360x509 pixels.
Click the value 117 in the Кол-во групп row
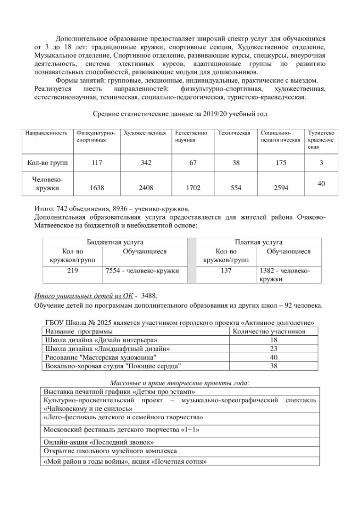tap(97, 163)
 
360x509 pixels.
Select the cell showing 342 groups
tap(146, 163)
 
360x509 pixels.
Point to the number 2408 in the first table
tap(146, 188)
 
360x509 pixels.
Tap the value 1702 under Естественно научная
tap(193, 188)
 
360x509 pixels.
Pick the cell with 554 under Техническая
tap(236, 188)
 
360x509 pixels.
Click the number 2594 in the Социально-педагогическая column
tap(281, 188)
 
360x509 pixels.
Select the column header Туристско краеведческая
tap(321, 140)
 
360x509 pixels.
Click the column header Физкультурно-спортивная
tap(96, 136)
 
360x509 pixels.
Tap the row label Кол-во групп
tap(48, 163)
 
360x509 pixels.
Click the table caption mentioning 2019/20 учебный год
tap(181, 114)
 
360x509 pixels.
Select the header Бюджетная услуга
tap(115, 242)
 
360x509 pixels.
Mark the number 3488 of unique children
tap(149, 296)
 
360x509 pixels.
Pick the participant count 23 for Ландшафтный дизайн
tap(274, 348)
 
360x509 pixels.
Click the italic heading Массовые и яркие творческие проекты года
tap(180, 382)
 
